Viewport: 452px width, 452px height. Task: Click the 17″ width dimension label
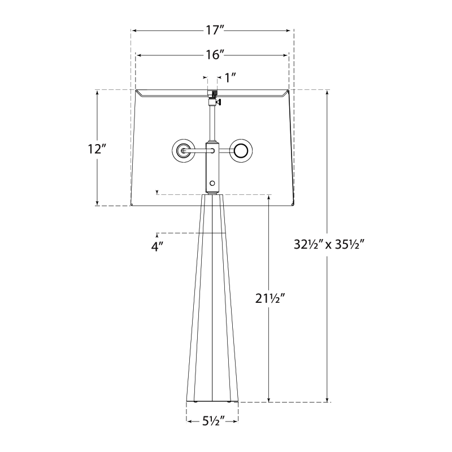[215, 30]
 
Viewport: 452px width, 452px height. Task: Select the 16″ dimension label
[215, 54]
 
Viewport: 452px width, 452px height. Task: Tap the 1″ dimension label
[231, 77]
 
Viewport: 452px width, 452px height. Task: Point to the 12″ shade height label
[97, 149]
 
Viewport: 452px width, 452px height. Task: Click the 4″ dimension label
[157, 247]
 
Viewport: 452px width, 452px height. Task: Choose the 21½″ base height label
[270, 298]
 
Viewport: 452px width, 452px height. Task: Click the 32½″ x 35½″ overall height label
[329, 245]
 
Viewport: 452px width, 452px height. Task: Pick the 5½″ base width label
[213, 421]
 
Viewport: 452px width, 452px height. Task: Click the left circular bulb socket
[182, 150]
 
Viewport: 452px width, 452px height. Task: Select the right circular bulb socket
[242, 150]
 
